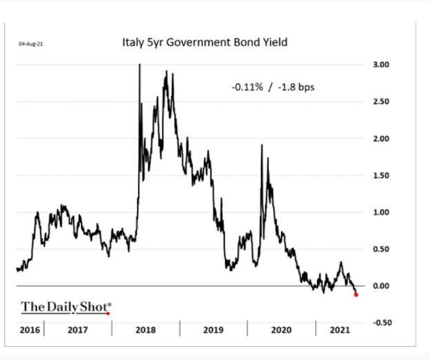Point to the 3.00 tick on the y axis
[x=380, y=64]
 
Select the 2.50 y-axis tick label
[x=380, y=101]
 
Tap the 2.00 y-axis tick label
[x=380, y=139]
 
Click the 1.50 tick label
[x=380, y=176]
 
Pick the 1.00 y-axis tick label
[x=380, y=213]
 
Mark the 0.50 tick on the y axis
[x=380, y=249]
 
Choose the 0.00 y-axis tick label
[x=380, y=286]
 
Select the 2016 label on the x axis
[x=29, y=330]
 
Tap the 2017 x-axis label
[x=77, y=330]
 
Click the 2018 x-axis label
[x=145, y=330]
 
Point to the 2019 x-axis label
[x=213, y=330]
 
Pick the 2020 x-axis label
[x=281, y=330]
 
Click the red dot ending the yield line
[x=356, y=294]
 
